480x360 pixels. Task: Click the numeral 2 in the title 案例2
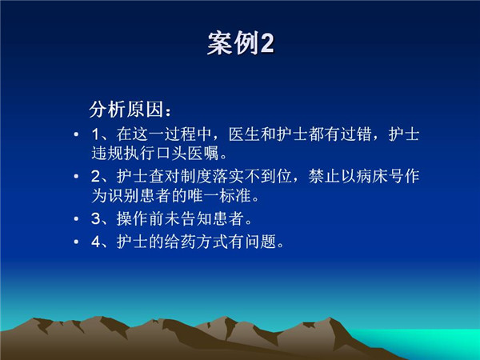(x=267, y=43)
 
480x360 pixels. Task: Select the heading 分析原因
(x=126, y=110)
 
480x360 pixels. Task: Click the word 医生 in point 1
(x=244, y=134)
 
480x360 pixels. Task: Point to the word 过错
(x=356, y=134)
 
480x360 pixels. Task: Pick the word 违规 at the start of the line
(x=107, y=153)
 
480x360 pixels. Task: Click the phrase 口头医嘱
(x=187, y=153)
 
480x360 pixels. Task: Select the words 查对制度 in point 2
(x=180, y=176)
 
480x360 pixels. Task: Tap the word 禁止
(x=324, y=176)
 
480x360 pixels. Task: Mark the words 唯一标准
(x=219, y=195)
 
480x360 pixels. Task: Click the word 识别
(x=123, y=195)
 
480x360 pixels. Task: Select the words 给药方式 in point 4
(x=196, y=242)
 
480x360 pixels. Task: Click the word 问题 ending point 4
(x=260, y=242)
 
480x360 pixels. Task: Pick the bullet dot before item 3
(x=76, y=218)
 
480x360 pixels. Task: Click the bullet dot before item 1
(x=76, y=134)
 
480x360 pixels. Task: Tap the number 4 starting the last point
(x=96, y=242)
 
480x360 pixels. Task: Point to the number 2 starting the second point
(x=96, y=176)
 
